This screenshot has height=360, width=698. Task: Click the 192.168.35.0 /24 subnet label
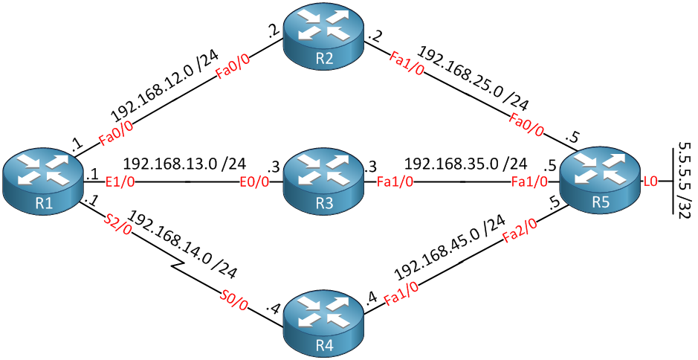(x=465, y=164)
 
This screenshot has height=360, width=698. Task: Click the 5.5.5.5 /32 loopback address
(x=679, y=179)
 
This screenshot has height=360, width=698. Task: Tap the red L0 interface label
(x=650, y=181)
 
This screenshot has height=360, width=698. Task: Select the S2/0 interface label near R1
(x=117, y=223)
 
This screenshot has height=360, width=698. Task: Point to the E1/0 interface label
(x=118, y=181)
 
